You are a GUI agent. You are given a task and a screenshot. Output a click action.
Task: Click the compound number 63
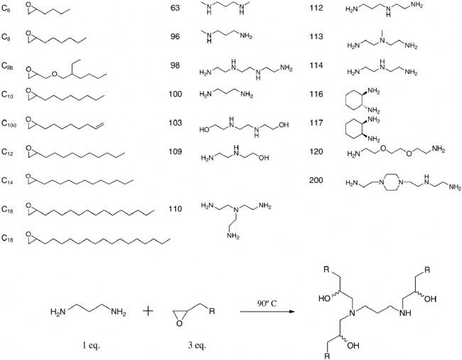coord(175,8)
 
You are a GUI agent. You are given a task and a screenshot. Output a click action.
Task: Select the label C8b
coord(7,65)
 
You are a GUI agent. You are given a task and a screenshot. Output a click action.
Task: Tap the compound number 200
coord(316,180)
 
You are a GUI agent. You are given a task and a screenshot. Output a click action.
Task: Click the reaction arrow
coord(267,312)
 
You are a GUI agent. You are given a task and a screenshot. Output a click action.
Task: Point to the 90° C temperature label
coord(267,303)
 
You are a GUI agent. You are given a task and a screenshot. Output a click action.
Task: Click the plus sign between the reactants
coord(149,311)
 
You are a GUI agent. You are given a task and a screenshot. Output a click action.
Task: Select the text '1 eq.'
coord(91,345)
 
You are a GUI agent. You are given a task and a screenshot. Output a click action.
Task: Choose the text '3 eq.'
coord(196,345)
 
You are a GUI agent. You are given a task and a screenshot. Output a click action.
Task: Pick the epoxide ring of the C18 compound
coord(28,238)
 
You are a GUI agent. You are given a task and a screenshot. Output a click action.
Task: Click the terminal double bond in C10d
coord(100,126)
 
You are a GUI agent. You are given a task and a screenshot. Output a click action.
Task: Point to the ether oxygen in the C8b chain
coord(55,74)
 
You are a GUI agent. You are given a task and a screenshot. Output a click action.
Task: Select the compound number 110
coord(175,209)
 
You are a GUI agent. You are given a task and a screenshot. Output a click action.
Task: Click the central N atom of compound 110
coord(235,210)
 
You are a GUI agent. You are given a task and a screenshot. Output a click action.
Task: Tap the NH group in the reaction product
coord(405,313)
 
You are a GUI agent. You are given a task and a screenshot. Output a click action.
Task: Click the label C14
coord(7,181)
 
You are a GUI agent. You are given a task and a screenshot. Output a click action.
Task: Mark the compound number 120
coord(316,152)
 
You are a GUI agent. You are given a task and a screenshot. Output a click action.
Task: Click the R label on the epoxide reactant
coord(212,312)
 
